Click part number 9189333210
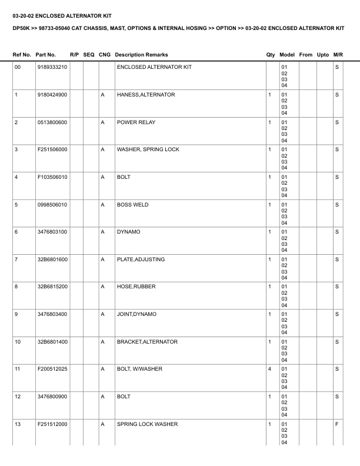(x=52, y=68)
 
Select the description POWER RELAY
(x=136, y=122)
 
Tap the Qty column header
(x=271, y=55)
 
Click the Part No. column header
(x=46, y=55)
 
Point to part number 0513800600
(x=52, y=122)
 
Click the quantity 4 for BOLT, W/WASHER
(x=269, y=369)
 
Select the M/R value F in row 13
(x=337, y=424)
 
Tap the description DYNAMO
(x=128, y=232)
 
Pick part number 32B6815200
(x=52, y=287)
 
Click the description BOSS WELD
(x=133, y=205)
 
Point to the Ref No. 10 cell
(x=18, y=342)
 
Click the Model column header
(x=288, y=55)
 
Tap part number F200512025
(x=52, y=369)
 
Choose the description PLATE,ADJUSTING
(x=141, y=259)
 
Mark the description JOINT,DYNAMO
(x=137, y=314)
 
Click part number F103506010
(x=52, y=177)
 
